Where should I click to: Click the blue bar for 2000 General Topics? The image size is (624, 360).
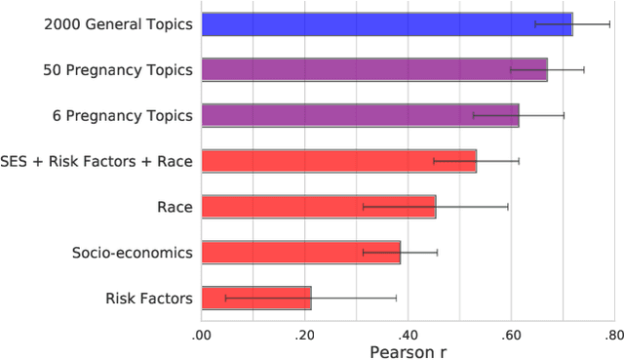click(x=386, y=23)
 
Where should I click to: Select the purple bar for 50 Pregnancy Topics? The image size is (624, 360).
click(x=374, y=69)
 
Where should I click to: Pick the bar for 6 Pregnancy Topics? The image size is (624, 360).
click(x=360, y=115)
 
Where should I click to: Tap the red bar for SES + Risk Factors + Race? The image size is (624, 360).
click(x=338, y=160)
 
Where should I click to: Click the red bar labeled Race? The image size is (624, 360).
click(x=318, y=206)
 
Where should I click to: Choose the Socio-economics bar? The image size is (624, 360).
click(x=300, y=252)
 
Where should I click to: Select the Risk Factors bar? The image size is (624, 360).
click(x=255, y=298)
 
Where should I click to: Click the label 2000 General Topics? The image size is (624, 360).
click(x=118, y=23)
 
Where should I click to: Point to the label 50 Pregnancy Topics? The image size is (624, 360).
click(x=118, y=69)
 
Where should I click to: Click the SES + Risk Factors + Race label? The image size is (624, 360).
click(x=97, y=160)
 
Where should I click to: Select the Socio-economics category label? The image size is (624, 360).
click(x=133, y=252)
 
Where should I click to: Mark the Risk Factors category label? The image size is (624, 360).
click(x=148, y=298)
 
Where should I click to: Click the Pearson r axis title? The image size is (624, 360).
click(x=407, y=349)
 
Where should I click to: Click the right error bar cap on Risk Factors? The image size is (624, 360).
click(x=396, y=298)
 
